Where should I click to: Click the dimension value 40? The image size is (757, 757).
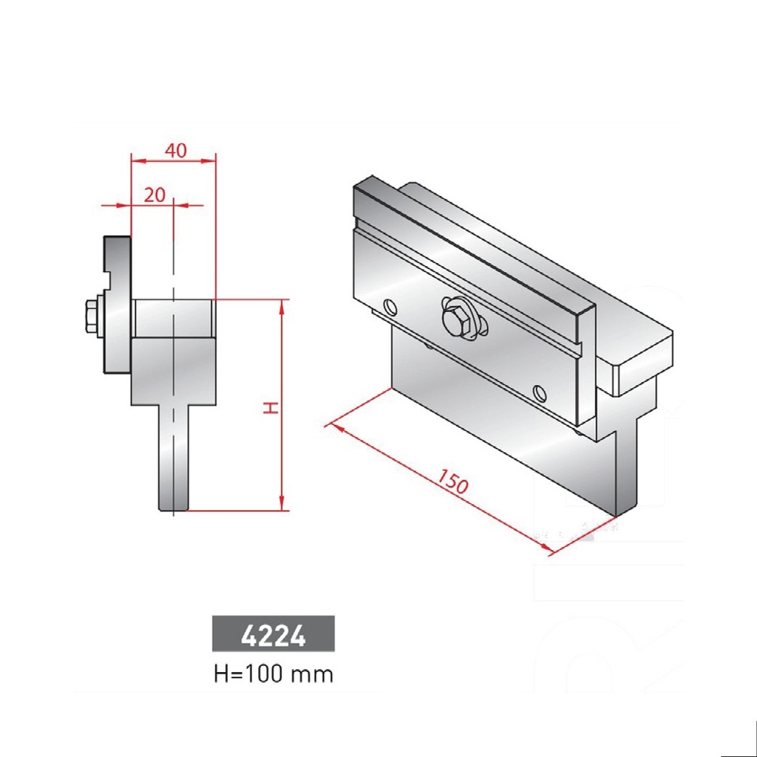175,150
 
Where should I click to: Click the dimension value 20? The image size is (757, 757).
154,195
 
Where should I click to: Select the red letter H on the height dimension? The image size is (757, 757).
272,407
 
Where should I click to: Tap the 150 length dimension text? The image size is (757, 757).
452,481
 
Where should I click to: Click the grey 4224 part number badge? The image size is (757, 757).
274,634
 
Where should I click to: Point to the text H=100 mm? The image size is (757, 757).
274,674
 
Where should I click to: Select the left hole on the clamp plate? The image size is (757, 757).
390,305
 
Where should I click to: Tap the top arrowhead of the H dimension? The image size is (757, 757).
282,305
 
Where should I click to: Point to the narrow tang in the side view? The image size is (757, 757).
174,458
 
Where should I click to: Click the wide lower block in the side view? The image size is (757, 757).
174,370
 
